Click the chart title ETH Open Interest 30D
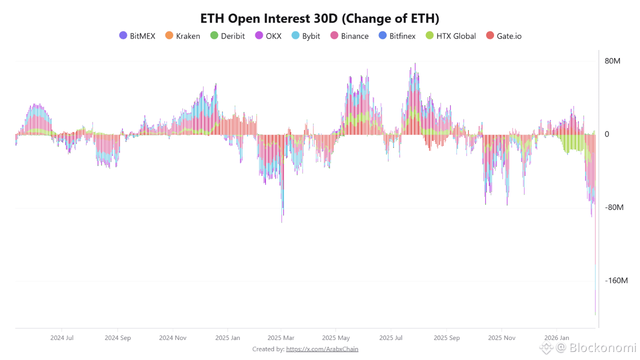coord(319,18)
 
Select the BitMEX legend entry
coord(137,36)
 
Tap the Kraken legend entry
coord(182,36)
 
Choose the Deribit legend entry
coord(227,36)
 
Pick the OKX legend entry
coord(268,36)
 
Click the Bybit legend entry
coord(305,36)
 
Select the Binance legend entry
coord(349,36)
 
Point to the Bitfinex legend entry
coord(397,36)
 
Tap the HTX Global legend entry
coord(450,36)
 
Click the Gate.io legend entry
coord(503,36)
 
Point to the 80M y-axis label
coord(612,61)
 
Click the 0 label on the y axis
coord(607,134)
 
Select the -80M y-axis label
coord(614,207)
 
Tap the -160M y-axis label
coord(616,280)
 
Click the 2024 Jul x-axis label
coord(62,338)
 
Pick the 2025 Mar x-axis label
coord(281,338)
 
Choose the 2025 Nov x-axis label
coord(502,338)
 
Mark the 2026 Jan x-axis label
coord(556,338)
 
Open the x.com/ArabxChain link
coord(322,349)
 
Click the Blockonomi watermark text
coord(602,347)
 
